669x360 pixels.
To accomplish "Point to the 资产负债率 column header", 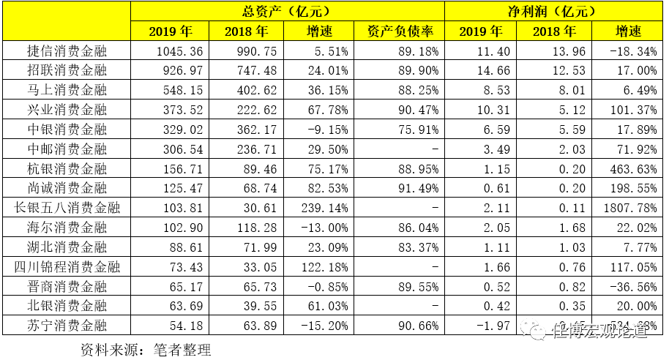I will pos(399,31).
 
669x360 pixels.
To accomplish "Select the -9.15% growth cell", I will pos(326,130).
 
